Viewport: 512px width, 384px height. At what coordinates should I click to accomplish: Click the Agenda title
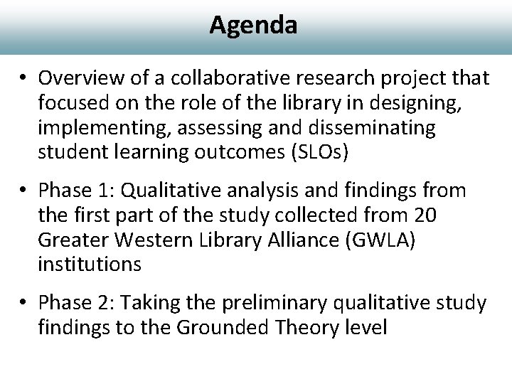point(253,25)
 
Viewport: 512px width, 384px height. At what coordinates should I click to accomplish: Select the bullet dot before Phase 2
point(26,304)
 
